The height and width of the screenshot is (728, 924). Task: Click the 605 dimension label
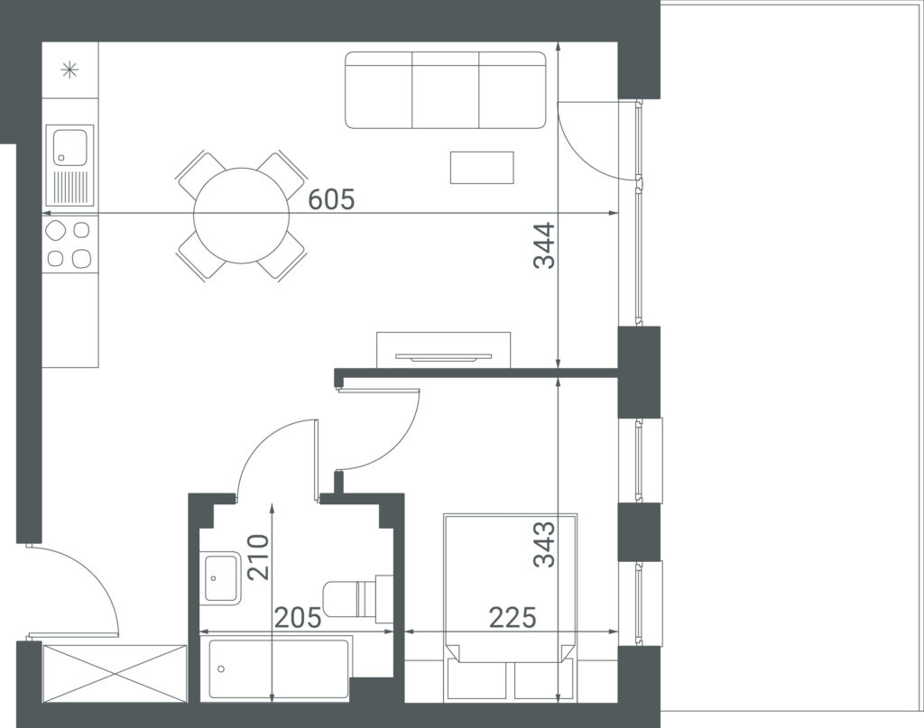pos(332,199)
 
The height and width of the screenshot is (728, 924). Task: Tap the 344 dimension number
pos(544,245)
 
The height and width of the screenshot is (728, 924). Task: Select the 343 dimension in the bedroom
pos(544,544)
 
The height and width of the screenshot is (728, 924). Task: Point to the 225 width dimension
pos(513,617)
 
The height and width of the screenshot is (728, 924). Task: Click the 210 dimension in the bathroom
pos(258,558)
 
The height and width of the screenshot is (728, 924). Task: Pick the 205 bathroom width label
pos(299,617)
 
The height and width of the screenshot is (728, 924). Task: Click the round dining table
pos(242,216)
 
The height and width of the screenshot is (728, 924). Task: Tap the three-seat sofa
pos(446,90)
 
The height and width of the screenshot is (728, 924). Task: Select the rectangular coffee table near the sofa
pos(482,167)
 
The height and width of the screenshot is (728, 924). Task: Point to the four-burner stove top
pos(69,244)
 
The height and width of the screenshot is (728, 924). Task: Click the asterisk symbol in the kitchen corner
pos(69,70)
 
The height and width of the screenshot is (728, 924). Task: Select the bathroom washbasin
pos(221,577)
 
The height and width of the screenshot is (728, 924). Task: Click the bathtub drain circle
pos(222,668)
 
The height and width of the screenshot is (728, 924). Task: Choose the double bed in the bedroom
pos(511,607)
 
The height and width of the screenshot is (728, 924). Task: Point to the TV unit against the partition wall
pos(444,350)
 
